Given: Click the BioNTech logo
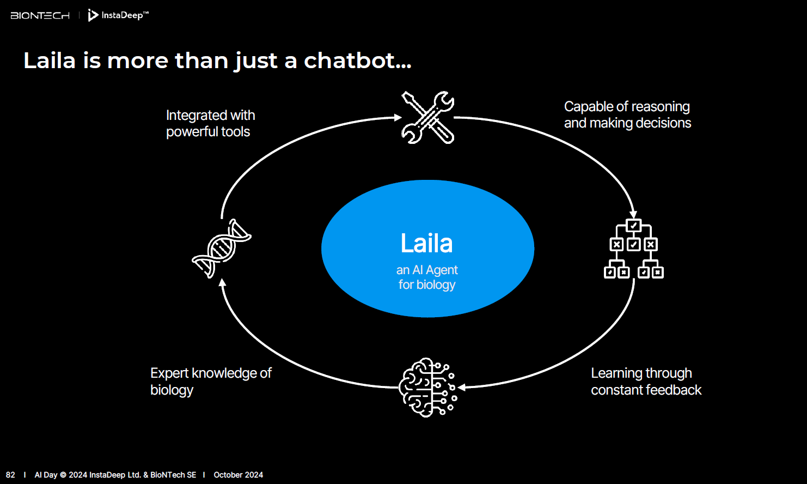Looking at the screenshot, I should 40,16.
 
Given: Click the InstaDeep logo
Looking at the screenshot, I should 118,15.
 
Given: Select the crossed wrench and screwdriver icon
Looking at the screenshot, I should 428,117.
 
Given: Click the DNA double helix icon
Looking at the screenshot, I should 222,249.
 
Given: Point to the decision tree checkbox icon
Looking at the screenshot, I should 633,249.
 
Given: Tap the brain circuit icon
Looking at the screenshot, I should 428,388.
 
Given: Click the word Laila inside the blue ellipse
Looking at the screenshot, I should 427,244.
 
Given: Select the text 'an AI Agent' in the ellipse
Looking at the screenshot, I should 427,270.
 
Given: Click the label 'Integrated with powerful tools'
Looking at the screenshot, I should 210,123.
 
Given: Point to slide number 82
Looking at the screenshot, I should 10,475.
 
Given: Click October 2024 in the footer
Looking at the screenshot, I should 238,475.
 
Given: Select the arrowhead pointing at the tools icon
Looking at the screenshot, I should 398,117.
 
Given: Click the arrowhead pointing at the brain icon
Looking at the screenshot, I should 462,388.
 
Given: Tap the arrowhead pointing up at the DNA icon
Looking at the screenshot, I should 222,282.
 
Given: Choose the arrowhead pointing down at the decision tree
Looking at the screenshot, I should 633,214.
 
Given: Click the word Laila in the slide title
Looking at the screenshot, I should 50,60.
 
